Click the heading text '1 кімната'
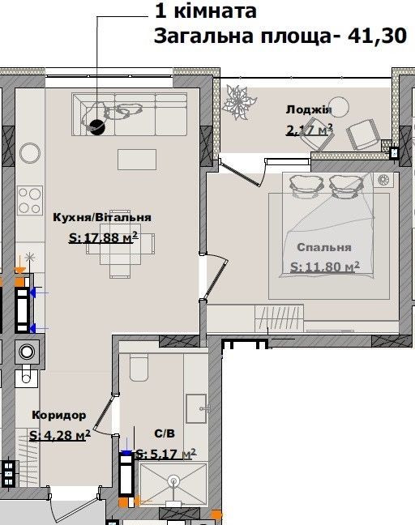(206, 11)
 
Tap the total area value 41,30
(377, 36)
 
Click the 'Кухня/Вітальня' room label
(102, 217)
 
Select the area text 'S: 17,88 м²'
(103, 237)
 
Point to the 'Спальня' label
(324, 247)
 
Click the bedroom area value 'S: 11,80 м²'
(324, 267)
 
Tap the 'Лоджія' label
(309, 110)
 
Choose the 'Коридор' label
(59, 415)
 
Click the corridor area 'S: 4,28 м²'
(60, 435)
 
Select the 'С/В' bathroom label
(165, 433)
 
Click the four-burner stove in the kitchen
(30, 200)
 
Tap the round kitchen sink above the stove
(30, 153)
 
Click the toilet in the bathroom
(139, 367)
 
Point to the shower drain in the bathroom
(173, 480)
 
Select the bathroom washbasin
(196, 408)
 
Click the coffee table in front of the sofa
(137, 160)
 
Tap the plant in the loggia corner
(239, 101)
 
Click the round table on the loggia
(338, 107)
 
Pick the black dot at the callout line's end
(97, 127)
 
